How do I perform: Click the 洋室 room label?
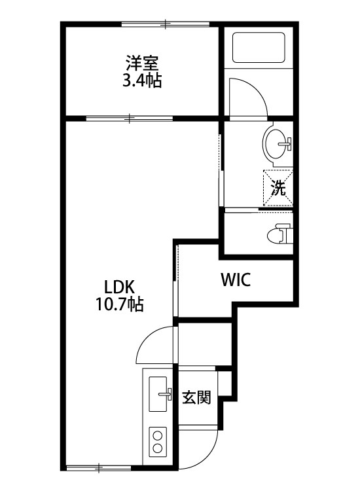coord(143,64)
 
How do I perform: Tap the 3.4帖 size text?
coord(143,81)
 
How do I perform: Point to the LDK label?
coord(118,286)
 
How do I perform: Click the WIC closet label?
coord(236,281)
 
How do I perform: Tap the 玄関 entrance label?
coord(196,397)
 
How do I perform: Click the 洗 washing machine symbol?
coord(278,189)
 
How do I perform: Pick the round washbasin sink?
coord(277,143)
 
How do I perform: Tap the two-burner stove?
coord(158,441)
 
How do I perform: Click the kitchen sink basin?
coord(158,395)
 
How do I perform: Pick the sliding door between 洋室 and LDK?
coord(130,118)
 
